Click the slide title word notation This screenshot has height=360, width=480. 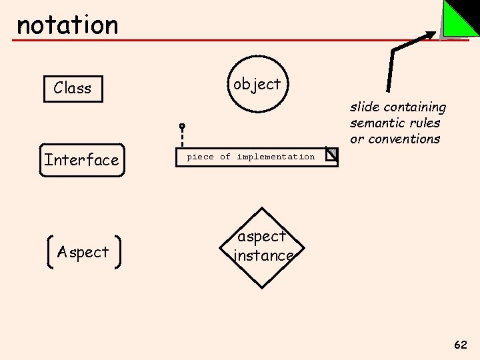(x=67, y=25)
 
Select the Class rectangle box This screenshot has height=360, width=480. (x=73, y=88)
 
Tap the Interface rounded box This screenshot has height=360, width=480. (x=82, y=160)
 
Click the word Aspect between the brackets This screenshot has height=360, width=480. (x=83, y=252)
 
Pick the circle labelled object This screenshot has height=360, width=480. (x=257, y=84)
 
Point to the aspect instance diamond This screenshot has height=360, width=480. (x=263, y=247)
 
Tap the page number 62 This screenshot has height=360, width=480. (x=460, y=345)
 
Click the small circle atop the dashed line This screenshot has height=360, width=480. (x=181, y=126)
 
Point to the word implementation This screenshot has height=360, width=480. (x=275, y=157)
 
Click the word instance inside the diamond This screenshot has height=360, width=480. (x=264, y=256)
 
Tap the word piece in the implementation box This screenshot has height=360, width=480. (x=200, y=157)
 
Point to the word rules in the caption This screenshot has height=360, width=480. (x=425, y=123)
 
